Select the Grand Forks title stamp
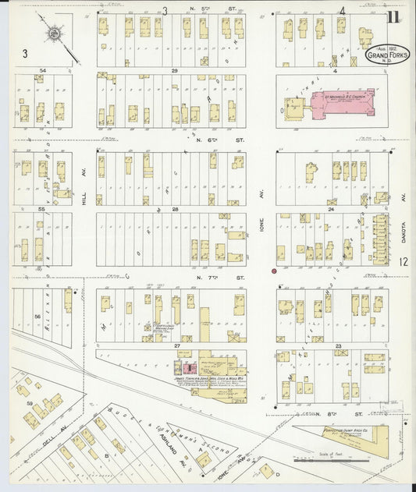pyautogui.click(x=385, y=55)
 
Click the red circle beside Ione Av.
pyautogui.click(x=274, y=271)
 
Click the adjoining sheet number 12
pyautogui.click(x=403, y=264)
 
